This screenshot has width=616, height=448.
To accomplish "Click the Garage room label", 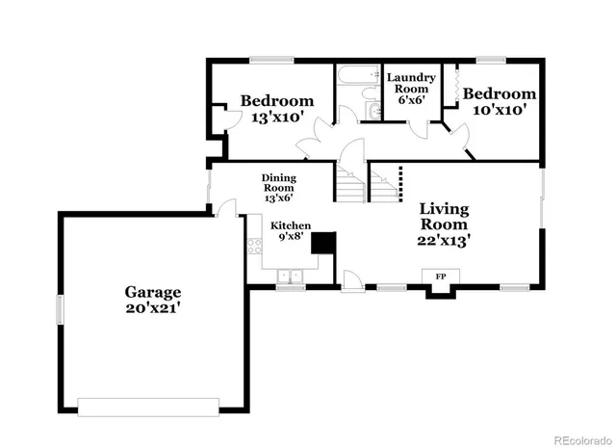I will pyautogui.click(x=152, y=292).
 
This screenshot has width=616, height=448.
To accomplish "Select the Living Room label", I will pyautogui.click(x=444, y=217).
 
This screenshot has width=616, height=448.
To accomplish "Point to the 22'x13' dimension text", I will pyautogui.click(x=444, y=241).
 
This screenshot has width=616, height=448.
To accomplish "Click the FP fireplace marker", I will pyautogui.click(x=441, y=277).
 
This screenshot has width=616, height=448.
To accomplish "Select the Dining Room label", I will pyautogui.click(x=279, y=182).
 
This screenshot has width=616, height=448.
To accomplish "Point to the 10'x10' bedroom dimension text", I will pyautogui.click(x=498, y=110).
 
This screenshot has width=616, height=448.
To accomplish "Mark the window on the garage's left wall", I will pyautogui.click(x=61, y=310).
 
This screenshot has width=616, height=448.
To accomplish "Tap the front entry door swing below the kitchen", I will pyautogui.click(x=352, y=281).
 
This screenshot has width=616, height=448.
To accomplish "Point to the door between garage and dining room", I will pyautogui.click(x=226, y=206).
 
